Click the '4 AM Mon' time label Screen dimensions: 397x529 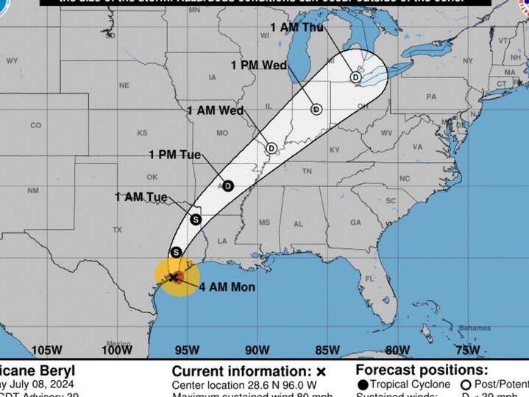227,287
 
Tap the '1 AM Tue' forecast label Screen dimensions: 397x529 141,197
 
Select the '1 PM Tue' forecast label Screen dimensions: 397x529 174,155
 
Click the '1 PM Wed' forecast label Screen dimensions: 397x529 258,66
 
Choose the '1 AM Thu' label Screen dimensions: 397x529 297,27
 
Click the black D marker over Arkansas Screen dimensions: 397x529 228,186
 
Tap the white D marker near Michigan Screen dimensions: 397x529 355,77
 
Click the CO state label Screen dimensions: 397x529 35,125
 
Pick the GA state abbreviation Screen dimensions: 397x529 355,222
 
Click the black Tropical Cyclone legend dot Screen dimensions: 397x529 363,385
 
